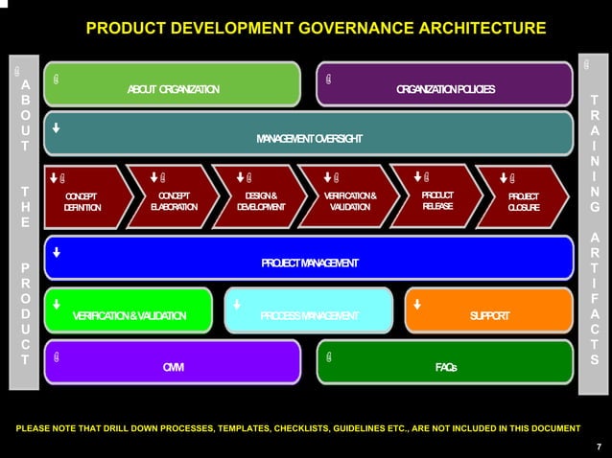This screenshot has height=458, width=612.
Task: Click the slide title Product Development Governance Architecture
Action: coord(316,27)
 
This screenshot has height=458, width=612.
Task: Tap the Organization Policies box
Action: coord(445,88)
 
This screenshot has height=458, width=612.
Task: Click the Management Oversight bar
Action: coord(309,139)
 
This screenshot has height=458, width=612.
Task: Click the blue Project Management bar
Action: coord(309,263)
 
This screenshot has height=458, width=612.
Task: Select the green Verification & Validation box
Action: coord(129,315)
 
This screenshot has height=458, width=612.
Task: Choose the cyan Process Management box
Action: coord(309,315)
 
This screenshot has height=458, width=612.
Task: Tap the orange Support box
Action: coord(489,315)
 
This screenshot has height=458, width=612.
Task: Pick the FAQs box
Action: coord(445,366)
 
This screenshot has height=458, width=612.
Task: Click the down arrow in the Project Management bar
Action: coord(57,253)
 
